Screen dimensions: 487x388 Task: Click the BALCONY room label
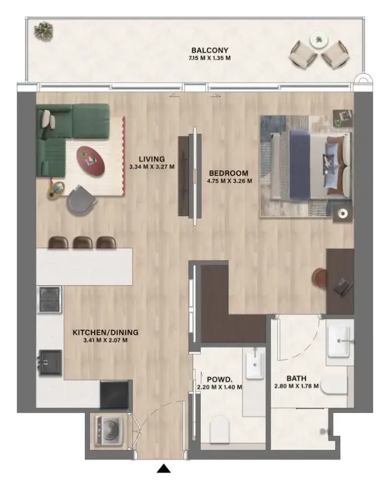(210, 50)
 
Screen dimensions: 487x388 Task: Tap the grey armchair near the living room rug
(81, 199)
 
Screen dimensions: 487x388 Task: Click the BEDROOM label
(228, 174)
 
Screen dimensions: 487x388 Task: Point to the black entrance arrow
(164, 469)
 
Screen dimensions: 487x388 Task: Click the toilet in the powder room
(221, 428)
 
